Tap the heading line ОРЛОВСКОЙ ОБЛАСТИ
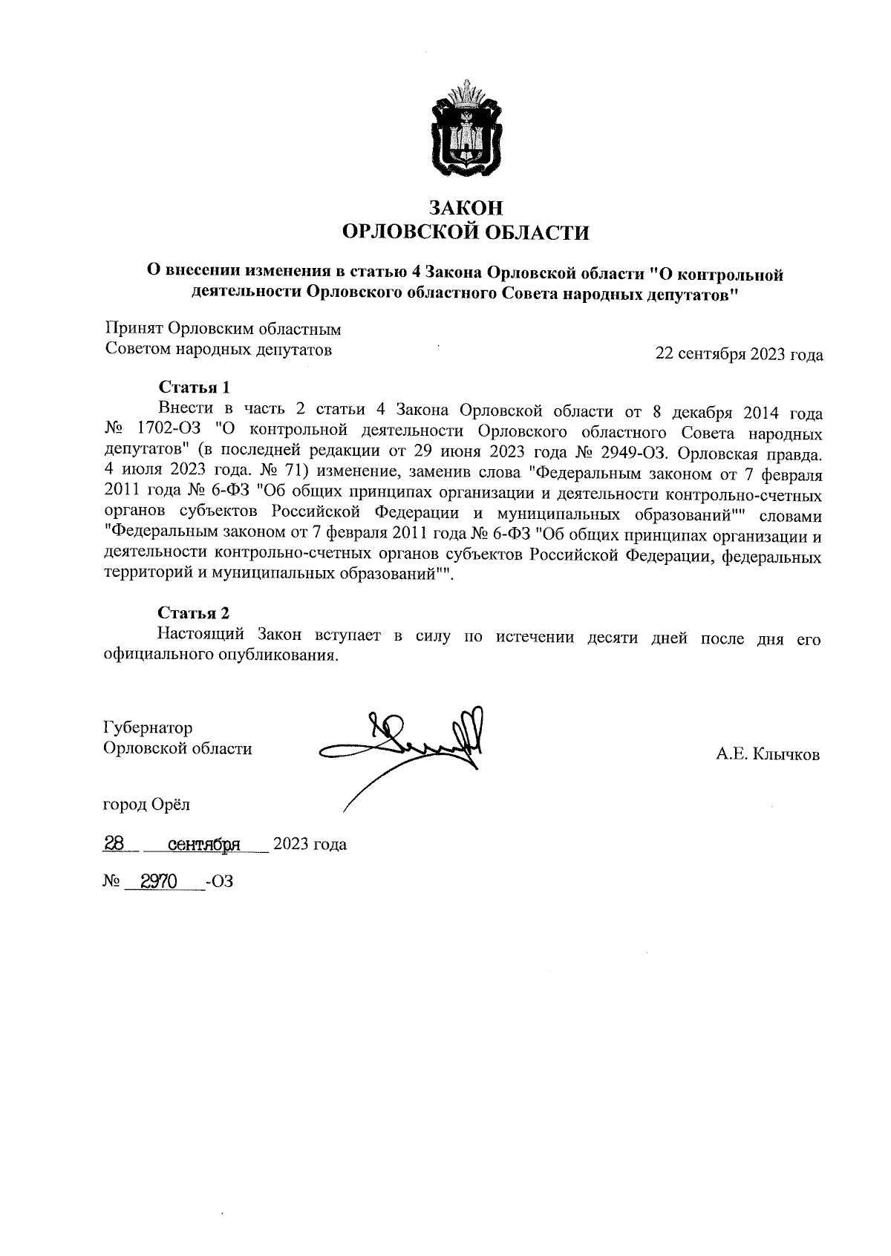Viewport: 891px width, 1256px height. [x=465, y=233]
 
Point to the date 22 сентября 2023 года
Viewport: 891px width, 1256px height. [x=738, y=354]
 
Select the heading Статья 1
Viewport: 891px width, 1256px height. [x=194, y=387]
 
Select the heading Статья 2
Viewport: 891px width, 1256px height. [x=194, y=612]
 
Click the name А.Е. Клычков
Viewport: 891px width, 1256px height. [x=767, y=755]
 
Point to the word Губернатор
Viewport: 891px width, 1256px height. [x=148, y=727]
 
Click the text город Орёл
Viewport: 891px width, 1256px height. [x=147, y=804]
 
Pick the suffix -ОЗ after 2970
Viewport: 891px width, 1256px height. [x=220, y=882]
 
